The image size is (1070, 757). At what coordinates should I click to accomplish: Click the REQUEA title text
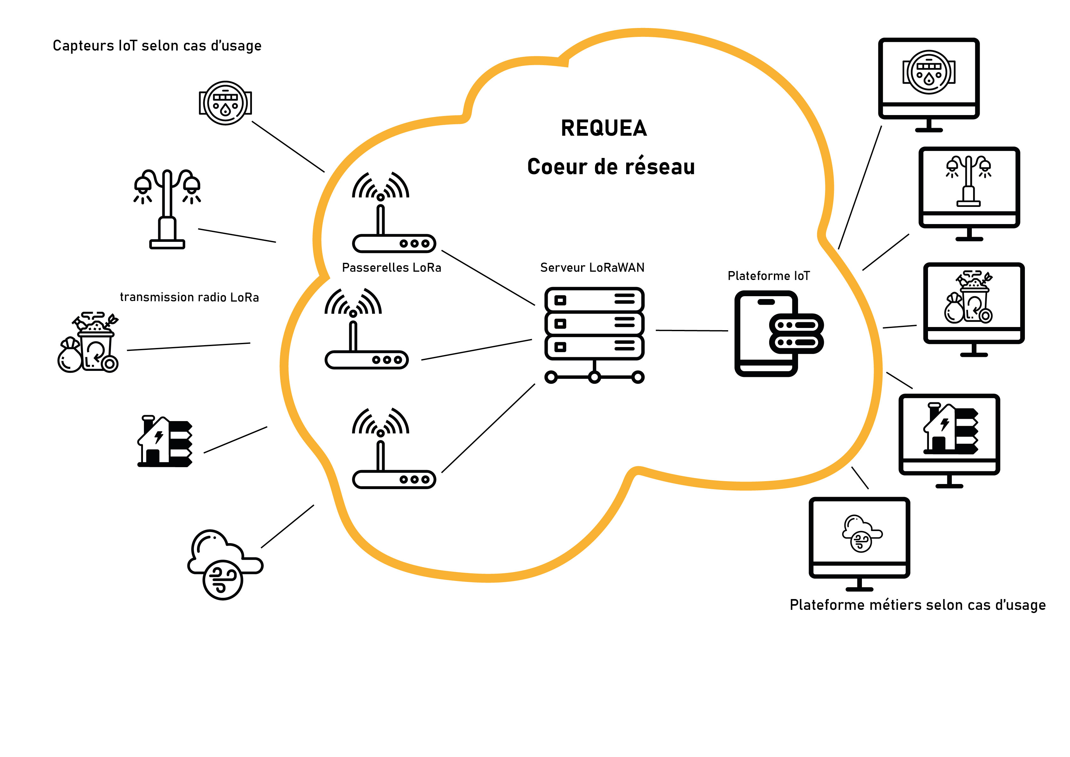click(x=604, y=128)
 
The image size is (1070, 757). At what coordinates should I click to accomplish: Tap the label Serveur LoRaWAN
click(x=592, y=268)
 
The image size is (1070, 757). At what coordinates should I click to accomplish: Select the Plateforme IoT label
click(x=769, y=276)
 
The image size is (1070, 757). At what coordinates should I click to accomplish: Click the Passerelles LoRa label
click(x=391, y=268)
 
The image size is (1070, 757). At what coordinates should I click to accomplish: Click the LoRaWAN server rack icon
click(x=594, y=333)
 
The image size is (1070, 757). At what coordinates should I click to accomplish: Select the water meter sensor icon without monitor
click(x=226, y=103)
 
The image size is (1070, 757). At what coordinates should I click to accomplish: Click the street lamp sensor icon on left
click(x=167, y=208)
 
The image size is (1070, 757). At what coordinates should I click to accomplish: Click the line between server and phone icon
click(x=692, y=331)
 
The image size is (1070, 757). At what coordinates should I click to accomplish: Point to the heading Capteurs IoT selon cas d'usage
click(x=157, y=46)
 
